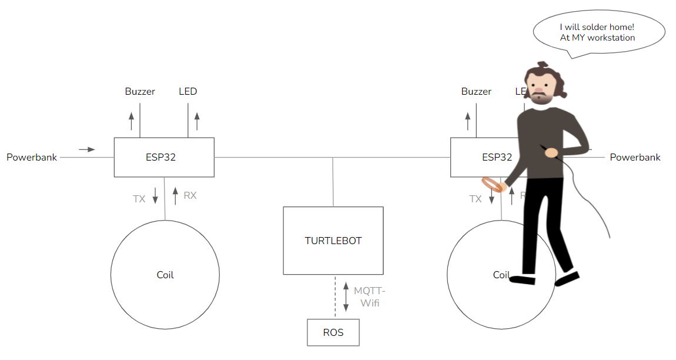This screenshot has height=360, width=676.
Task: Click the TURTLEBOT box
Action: [x=333, y=241]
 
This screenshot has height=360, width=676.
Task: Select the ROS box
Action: [x=333, y=332]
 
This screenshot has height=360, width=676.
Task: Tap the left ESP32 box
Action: [x=163, y=157]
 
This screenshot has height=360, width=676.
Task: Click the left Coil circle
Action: [x=165, y=275]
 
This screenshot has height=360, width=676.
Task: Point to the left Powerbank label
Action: [x=32, y=157]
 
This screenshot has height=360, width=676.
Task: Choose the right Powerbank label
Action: [x=635, y=157]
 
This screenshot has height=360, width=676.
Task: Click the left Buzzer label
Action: [x=140, y=91]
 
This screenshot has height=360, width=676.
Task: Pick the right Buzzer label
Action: [x=476, y=91]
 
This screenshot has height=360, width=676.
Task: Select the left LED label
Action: [x=188, y=91]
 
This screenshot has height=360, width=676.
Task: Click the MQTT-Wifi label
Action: [x=369, y=297]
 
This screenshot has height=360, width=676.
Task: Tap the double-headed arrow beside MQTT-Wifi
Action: [x=346, y=298]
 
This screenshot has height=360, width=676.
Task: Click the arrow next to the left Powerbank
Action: [x=87, y=149]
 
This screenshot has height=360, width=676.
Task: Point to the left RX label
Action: [x=190, y=195]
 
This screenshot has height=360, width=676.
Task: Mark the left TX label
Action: [x=139, y=199]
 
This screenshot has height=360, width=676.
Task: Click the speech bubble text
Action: [x=597, y=32]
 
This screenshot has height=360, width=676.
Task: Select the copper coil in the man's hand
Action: [x=494, y=185]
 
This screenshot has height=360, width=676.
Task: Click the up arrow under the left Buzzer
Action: [x=131, y=121]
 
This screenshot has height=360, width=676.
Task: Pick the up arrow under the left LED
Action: [x=197, y=121]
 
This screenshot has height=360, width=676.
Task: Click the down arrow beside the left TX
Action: [x=155, y=196]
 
